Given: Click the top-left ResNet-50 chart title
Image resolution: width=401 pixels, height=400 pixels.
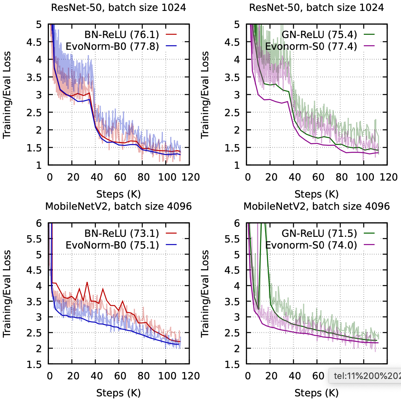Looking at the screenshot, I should tap(118, 7).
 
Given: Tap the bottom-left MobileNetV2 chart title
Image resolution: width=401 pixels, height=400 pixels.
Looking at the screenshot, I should tap(118, 206).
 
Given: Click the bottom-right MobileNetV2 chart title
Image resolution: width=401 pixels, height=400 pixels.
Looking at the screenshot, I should tap(317, 206).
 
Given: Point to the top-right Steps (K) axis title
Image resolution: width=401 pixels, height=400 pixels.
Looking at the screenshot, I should tap(317, 193).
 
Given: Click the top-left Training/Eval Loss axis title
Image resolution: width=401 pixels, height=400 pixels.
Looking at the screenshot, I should tap(7, 94).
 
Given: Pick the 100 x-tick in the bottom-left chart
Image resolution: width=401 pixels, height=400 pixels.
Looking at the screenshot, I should tap(166, 376).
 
